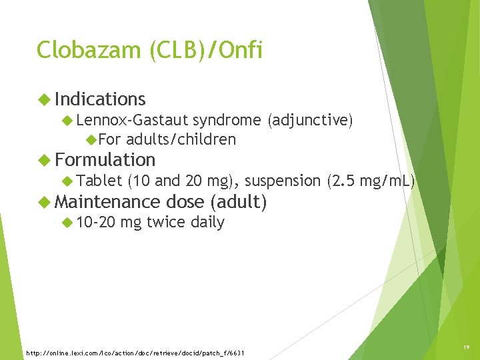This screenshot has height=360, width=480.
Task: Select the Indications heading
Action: (100, 99)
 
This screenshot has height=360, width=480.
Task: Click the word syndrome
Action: (227, 120)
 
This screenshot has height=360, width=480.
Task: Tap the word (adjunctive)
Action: (310, 120)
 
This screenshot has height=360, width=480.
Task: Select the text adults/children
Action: (181, 139)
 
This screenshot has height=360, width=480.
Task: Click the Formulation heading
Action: (105, 160)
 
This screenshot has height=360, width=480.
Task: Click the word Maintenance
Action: (108, 201)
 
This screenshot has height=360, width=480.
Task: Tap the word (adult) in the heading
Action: (239, 201)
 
